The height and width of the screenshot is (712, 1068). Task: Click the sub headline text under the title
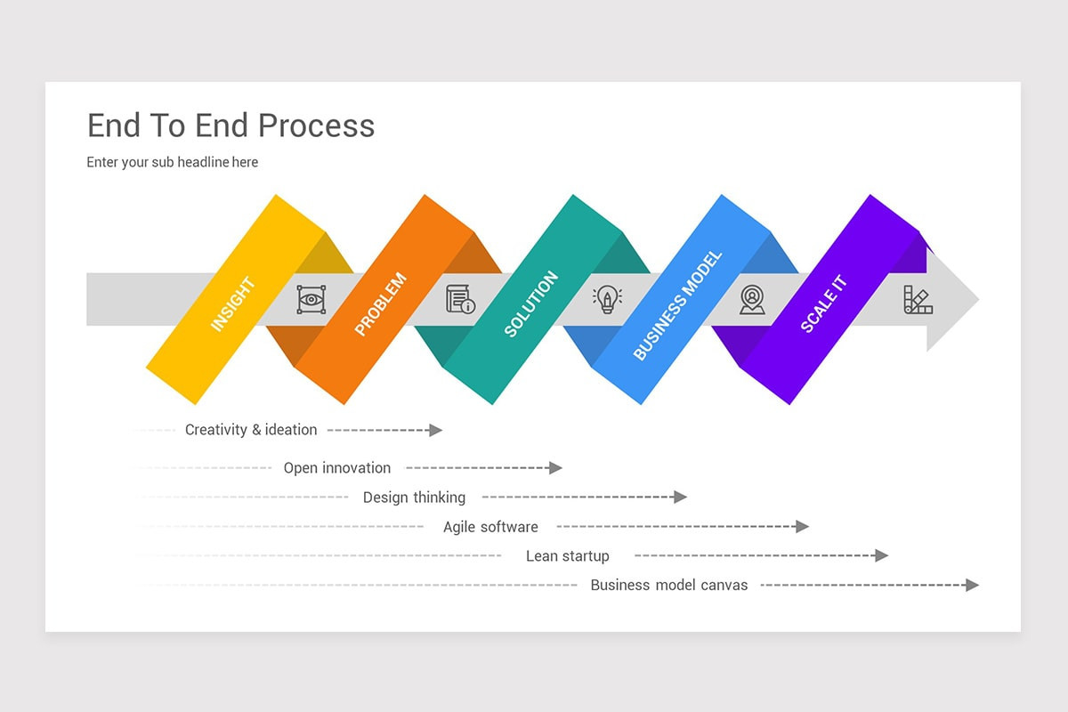pos(173,162)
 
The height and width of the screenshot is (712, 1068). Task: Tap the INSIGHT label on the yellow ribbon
pos(233,304)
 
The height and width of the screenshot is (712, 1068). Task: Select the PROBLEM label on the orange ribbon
pos(380,304)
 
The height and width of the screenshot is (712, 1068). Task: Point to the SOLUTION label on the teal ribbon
pos(530,303)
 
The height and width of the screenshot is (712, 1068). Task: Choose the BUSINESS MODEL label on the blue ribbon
pos(677,305)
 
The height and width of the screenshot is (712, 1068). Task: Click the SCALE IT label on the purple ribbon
pos(823,304)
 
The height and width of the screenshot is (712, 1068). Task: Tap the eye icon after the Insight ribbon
pos(311,299)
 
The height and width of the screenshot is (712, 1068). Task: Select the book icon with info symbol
pos(460,299)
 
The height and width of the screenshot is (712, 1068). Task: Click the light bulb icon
pos(607,299)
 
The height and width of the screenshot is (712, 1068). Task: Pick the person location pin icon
pos(752,299)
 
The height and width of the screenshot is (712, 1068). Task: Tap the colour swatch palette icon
pos(918,299)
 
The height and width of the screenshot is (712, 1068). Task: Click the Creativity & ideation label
pos(251,430)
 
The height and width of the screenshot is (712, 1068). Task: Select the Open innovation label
pos(337,468)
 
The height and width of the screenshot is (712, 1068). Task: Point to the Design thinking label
pos(414,498)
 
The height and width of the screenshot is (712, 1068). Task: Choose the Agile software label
pos(490,527)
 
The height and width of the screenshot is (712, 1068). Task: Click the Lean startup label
pos(567,556)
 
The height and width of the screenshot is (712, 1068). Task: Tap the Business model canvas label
pos(669,586)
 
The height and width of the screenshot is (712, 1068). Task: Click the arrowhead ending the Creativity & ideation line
pos(435,430)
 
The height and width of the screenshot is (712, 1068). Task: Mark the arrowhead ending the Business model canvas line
pos(972,585)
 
